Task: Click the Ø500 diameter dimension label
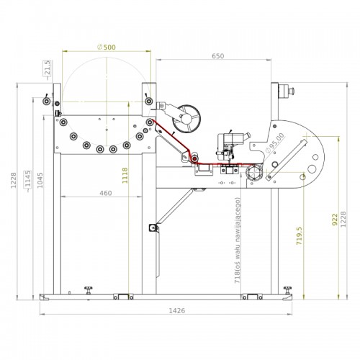107,48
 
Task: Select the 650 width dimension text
218,56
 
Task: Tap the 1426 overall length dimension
177,311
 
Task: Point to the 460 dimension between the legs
106,193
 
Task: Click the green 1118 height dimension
125,176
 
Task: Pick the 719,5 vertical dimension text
300,236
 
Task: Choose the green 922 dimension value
335,220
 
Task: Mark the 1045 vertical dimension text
40,180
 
